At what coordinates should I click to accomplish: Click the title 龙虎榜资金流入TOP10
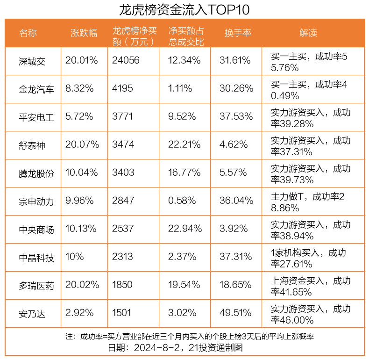tap(184, 9)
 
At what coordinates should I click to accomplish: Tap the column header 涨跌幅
tap(84, 33)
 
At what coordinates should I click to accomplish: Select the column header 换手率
tap(238, 33)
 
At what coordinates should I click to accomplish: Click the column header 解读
tap(308, 33)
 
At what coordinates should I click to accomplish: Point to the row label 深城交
tap(32, 61)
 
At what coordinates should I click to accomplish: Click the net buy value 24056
tap(126, 61)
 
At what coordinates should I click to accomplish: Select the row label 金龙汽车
tap(36, 89)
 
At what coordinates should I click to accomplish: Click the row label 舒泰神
tap(32, 145)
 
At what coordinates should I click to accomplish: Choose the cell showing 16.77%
tap(184, 173)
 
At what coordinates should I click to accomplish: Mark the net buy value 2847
tap(123, 201)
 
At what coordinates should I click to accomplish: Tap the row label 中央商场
tap(36, 229)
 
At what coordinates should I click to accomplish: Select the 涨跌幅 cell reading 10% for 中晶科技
tap(74, 257)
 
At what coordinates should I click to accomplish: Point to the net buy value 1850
tap(122, 285)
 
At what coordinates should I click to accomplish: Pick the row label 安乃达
tap(32, 313)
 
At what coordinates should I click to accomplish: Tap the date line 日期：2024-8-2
tap(175, 348)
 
